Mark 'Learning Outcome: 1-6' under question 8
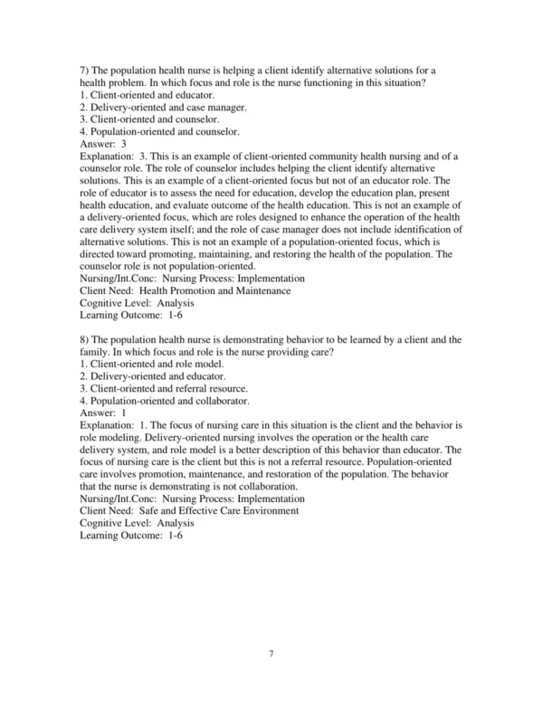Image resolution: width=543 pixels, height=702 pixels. click(129, 536)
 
